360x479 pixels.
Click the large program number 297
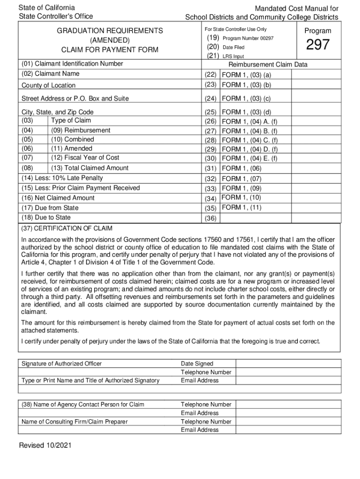(x=318, y=45)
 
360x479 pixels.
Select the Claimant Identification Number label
(x=72, y=64)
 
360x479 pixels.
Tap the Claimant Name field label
(x=50, y=74)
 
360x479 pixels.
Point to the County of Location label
(x=49, y=86)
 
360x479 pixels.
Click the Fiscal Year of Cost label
(x=85, y=157)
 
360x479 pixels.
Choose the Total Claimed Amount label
(x=90, y=168)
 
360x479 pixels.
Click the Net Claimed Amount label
(x=58, y=198)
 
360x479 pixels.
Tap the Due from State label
(x=50, y=208)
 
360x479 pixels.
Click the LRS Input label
(x=233, y=57)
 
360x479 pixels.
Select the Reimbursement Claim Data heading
(x=268, y=65)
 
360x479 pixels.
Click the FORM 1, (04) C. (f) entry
(x=250, y=140)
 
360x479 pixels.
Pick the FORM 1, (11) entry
(x=241, y=208)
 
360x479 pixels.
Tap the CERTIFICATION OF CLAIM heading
(x=67, y=228)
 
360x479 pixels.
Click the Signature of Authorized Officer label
(x=62, y=363)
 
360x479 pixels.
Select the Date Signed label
(x=197, y=363)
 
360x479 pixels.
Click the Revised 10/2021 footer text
(x=45, y=446)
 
